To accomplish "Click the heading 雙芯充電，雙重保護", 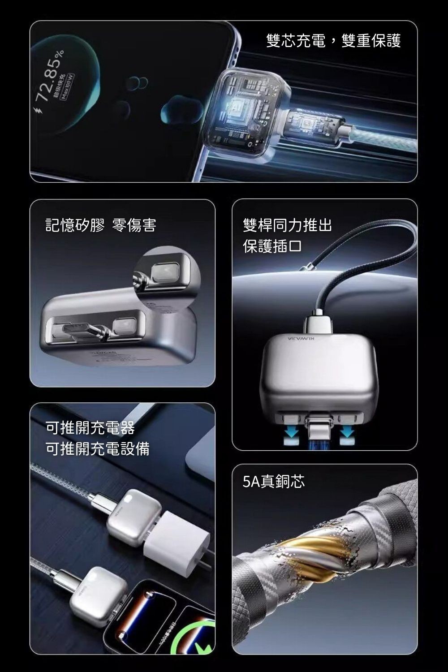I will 333,41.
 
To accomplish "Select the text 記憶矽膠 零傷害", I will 101,225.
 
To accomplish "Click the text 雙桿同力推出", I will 287,225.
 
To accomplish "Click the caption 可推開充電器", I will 90,428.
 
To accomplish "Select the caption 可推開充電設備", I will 98,448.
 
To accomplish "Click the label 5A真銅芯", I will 273,482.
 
